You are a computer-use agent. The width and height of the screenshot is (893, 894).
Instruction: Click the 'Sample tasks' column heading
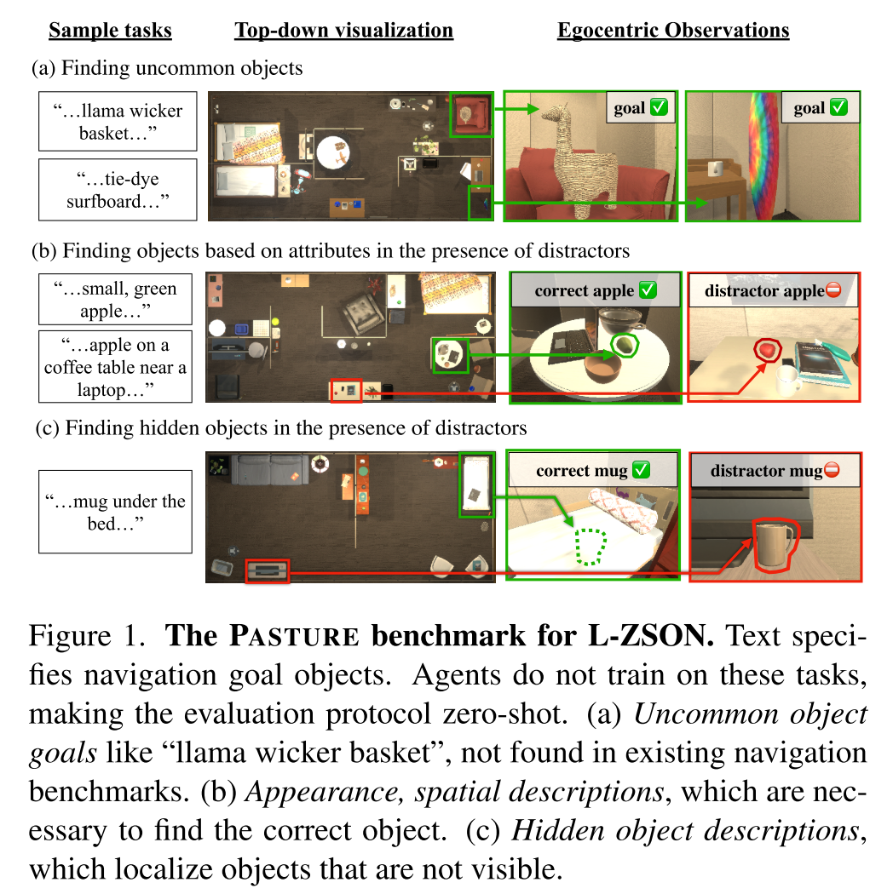point(110,32)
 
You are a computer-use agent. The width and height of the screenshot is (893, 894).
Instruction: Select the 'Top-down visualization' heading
point(343,32)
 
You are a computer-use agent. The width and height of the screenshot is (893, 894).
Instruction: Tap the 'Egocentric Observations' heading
point(673,32)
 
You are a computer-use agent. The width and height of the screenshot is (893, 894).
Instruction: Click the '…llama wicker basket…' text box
point(118,122)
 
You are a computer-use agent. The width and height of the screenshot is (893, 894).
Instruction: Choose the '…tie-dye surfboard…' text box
point(118,190)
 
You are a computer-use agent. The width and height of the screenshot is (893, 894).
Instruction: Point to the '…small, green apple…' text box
point(118,300)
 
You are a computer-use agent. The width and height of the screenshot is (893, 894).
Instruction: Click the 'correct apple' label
point(596,290)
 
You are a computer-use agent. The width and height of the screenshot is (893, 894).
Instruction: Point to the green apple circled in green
point(625,344)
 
